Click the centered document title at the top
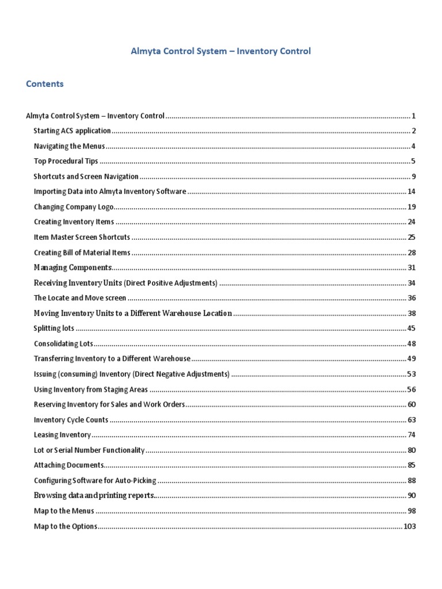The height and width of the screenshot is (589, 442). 221,51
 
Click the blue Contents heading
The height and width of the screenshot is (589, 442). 44,84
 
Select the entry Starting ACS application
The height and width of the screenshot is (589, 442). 72,131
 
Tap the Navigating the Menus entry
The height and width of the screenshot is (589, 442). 69,146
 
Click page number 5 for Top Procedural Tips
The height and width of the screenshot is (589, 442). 413,162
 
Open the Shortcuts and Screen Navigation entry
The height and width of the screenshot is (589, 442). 86,177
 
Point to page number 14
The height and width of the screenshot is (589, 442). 411,192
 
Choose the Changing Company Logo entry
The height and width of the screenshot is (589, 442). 74,207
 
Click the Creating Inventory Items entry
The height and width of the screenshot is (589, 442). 74,222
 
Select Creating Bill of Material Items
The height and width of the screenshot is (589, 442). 82,253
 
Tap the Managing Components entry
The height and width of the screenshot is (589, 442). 73,267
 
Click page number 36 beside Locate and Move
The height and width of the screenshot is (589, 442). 411,298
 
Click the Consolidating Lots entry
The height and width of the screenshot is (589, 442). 63,344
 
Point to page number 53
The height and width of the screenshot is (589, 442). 411,374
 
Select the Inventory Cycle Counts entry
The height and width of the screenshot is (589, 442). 71,420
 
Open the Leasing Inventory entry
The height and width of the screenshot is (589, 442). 62,435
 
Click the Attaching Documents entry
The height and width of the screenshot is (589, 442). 68,465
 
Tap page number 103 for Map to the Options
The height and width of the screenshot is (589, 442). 410,526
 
